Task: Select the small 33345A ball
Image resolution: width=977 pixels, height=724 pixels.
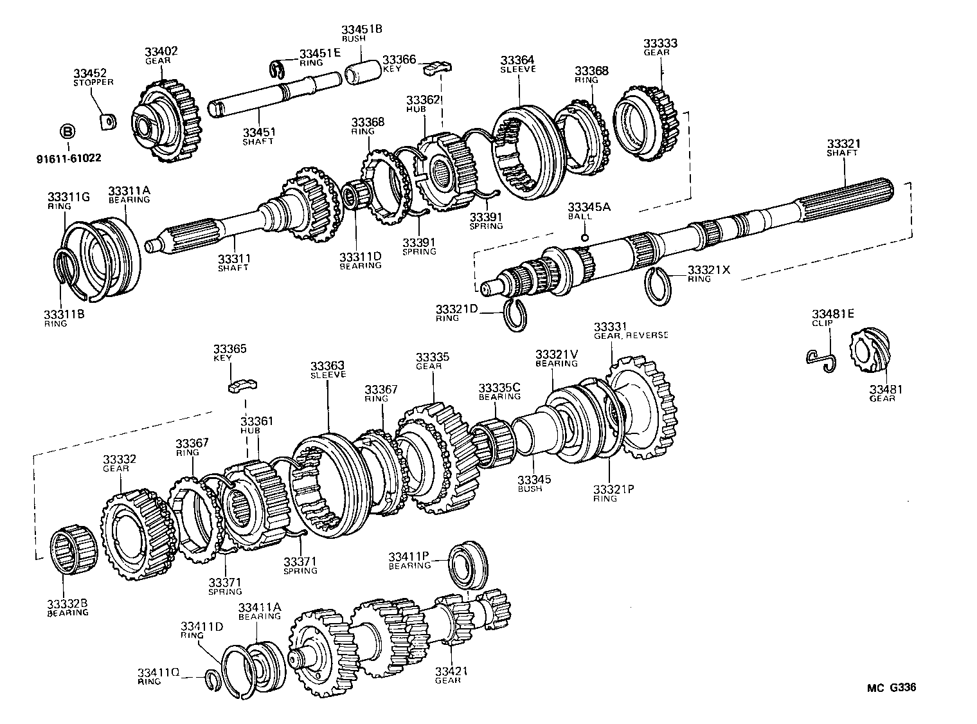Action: tap(584, 238)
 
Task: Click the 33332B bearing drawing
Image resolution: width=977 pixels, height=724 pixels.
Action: tap(73, 548)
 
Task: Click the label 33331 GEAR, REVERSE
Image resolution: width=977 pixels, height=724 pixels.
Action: tap(629, 330)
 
